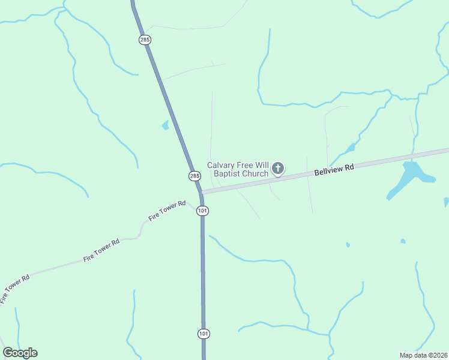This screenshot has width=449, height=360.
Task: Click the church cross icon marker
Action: [x=278, y=169]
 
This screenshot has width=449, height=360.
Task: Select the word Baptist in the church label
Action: [x=228, y=175]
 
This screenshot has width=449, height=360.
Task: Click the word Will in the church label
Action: [x=262, y=166]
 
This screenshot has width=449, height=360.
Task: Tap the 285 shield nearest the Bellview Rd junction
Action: [x=194, y=176]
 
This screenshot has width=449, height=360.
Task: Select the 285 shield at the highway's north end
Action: [x=145, y=40]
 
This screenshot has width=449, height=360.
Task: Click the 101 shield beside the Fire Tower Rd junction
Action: [x=202, y=211]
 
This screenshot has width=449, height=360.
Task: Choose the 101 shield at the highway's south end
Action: [x=203, y=333]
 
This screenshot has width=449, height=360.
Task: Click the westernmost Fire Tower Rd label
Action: [x=15, y=289]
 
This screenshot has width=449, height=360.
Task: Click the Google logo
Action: [x=20, y=352]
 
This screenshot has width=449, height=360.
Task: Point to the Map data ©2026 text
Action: [x=423, y=355]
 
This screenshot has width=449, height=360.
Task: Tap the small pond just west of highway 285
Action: [x=165, y=125]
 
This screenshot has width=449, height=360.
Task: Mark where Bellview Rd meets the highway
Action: [x=200, y=192]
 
